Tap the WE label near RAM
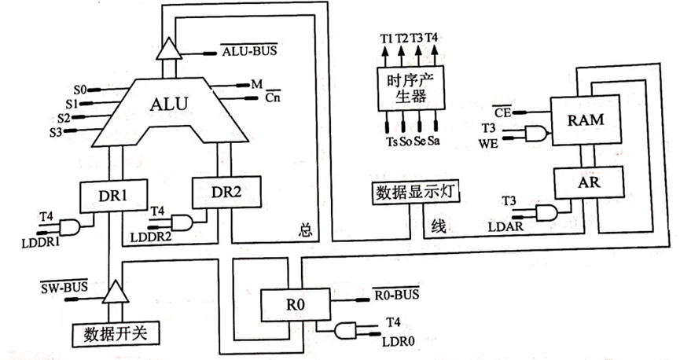489,142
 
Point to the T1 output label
385,38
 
